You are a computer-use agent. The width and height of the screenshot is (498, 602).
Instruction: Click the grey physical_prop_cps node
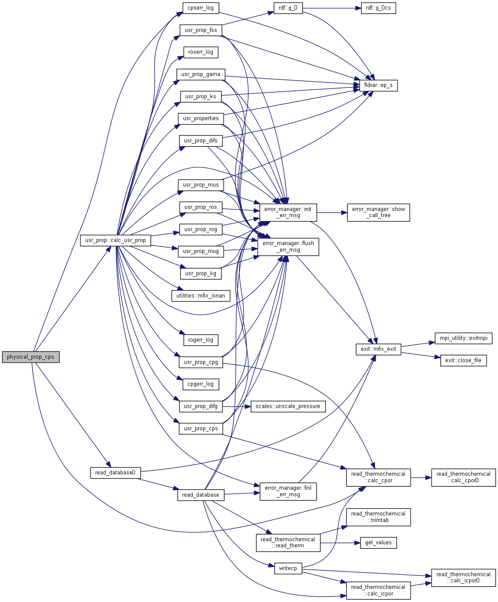(x=31, y=357)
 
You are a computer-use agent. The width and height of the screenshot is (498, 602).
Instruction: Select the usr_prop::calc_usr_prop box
(x=115, y=240)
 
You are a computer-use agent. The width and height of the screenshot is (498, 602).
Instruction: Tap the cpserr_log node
(x=201, y=8)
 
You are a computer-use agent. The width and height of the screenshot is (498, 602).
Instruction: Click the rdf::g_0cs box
(x=378, y=8)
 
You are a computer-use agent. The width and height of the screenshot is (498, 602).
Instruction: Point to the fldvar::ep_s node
(x=378, y=85)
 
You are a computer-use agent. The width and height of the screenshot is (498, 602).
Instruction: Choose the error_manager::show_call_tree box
(x=378, y=212)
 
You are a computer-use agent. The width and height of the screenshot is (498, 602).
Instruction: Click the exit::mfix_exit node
(x=378, y=349)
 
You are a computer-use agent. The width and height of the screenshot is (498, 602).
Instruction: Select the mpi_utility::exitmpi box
(x=463, y=338)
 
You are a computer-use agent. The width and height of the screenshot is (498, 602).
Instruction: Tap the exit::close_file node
(x=463, y=360)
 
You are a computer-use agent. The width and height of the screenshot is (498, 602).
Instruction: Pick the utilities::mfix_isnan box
(x=201, y=296)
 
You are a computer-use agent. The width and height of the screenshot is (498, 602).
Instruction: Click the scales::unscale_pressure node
(x=288, y=406)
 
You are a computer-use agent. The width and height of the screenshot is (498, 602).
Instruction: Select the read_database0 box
(x=115, y=473)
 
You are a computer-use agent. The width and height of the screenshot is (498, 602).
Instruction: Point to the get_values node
(x=378, y=543)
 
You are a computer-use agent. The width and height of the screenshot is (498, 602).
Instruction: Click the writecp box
(x=288, y=568)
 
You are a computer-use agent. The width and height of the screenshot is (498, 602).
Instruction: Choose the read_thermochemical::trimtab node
(x=378, y=517)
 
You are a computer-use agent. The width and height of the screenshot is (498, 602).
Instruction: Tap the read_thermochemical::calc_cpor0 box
(x=463, y=477)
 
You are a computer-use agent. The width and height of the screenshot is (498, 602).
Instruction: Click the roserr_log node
(x=201, y=52)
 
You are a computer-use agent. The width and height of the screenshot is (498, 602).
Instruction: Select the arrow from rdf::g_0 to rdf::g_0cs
(x=332, y=8)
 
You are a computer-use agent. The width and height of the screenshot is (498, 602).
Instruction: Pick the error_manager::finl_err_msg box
(x=288, y=491)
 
